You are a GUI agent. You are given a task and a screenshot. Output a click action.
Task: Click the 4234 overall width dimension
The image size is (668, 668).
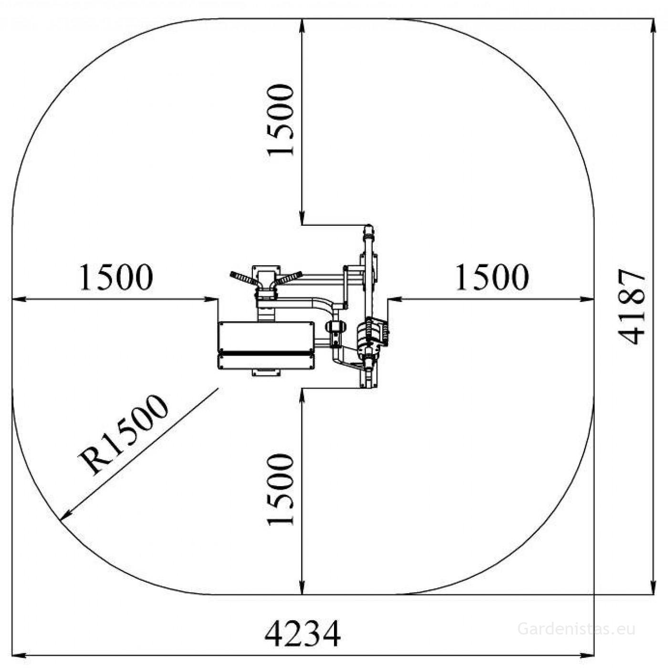(x=303, y=633)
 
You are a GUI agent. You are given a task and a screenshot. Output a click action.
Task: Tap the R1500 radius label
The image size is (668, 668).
(x=123, y=435)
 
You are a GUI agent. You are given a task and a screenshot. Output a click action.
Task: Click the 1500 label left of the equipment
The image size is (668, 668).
(x=116, y=277)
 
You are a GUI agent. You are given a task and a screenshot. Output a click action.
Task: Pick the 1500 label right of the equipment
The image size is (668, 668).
(x=492, y=277)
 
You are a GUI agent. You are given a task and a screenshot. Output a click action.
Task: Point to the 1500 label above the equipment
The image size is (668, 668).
(x=280, y=120)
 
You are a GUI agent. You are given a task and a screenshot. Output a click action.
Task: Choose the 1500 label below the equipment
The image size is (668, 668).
(x=280, y=490)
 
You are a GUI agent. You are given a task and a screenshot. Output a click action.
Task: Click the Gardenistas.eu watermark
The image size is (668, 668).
(x=576, y=629)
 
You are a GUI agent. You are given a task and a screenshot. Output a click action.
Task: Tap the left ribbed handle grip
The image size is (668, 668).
(x=243, y=278)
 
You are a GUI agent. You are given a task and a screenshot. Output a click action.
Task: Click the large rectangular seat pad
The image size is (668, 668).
(x=266, y=336)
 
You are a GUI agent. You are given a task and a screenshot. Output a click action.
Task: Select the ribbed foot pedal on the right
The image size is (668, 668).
(x=372, y=332)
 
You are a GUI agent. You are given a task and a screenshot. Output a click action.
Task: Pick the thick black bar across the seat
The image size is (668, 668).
(x=266, y=353)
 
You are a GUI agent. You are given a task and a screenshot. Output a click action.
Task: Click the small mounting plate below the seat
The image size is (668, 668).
(x=266, y=372)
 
